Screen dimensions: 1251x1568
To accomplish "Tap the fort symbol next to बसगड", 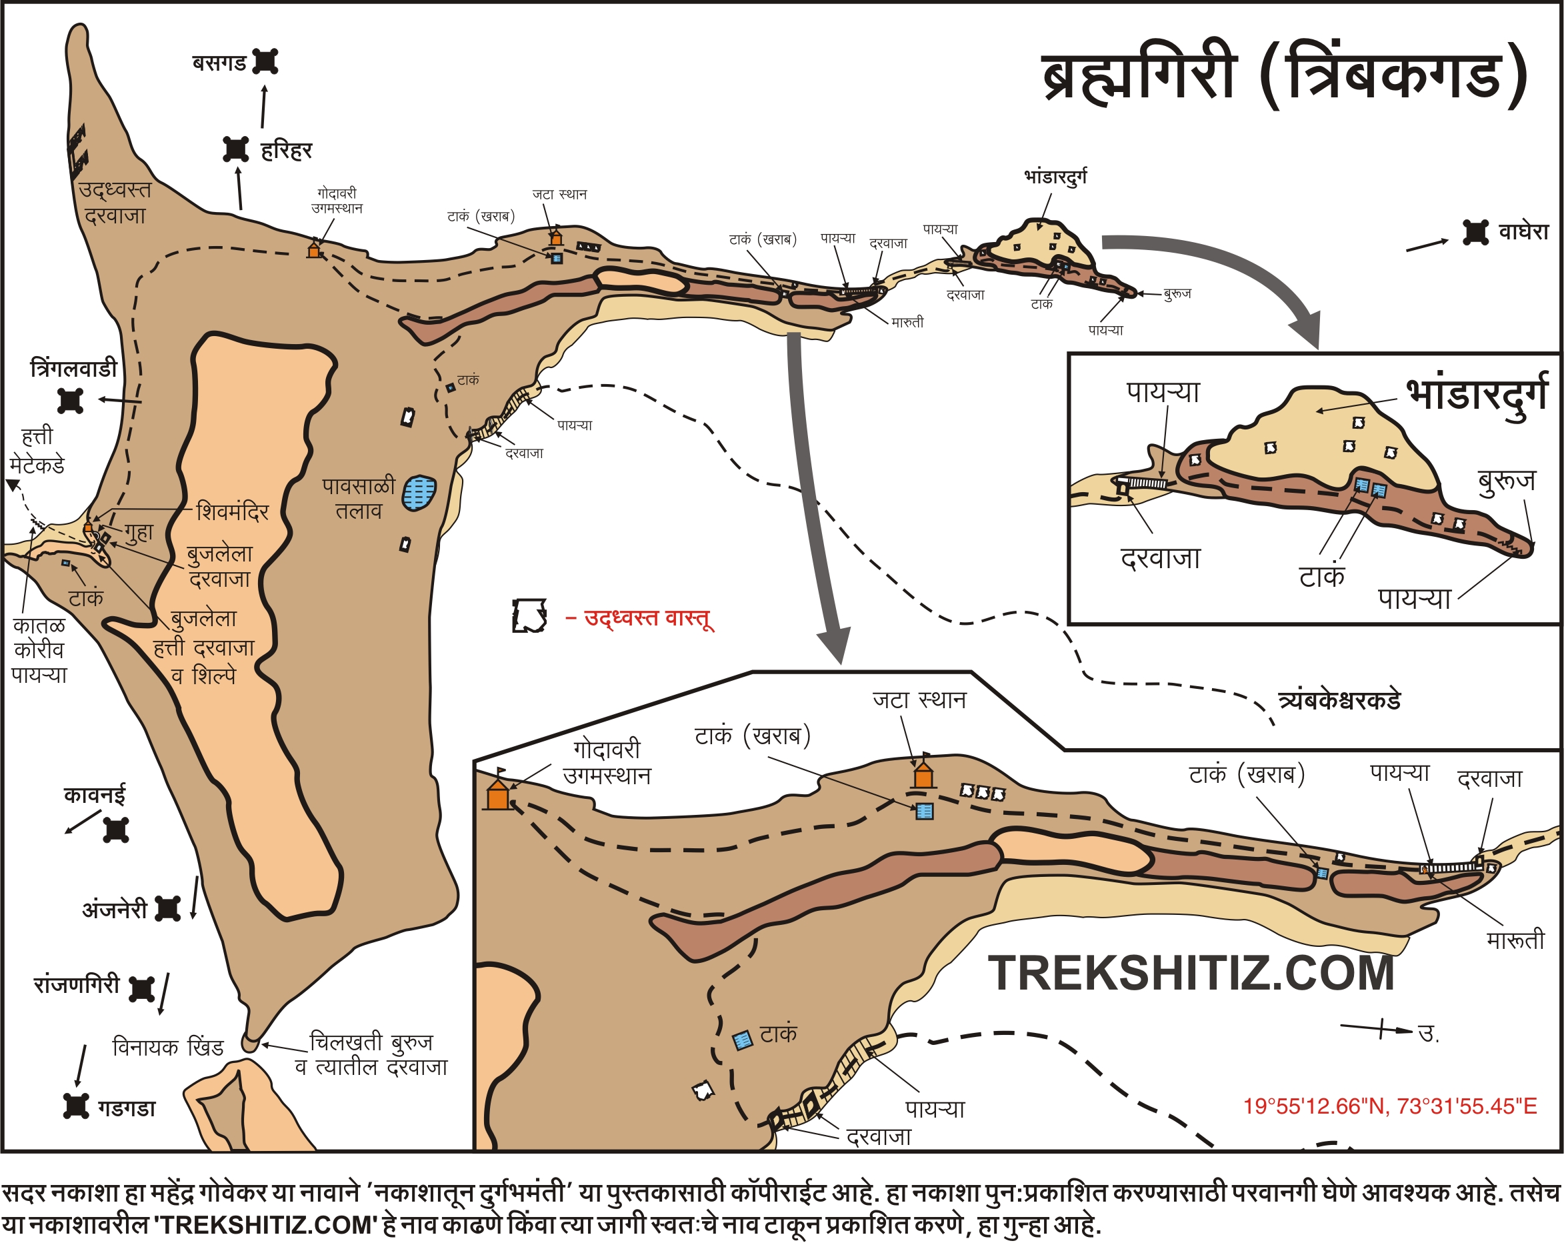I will pyautogui.click(x=266, y=62).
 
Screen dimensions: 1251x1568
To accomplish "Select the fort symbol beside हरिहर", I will pyautogui.click(x=235, y=149).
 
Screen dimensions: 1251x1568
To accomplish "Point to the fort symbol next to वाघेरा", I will pyautogui.click(x=1475, y=233).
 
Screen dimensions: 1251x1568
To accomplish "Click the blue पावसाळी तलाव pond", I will pyautogui.click(x=419, y=493).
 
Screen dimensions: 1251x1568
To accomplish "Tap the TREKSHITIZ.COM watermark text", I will pyautogui.click(x=1191, y=973).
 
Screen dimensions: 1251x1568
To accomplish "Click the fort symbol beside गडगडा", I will pyautogui.click(x=77, y=1106).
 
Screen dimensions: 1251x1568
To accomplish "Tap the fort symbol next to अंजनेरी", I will pyautogui.click(x=168, y=908).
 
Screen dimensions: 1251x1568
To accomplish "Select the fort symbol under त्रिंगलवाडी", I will pyautogui.click(x=71, y=401).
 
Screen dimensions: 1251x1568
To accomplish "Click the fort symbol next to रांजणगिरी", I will pyautogui.click(x=141, y=988).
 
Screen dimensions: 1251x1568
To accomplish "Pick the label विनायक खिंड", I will pyautogui.click(x=168, y=1048).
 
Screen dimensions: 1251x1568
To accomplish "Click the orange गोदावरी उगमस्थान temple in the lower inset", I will pyautogui.click(x=498, y=794).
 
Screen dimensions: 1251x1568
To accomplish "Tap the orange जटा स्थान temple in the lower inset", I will pyautogui.click(x=923, y=776).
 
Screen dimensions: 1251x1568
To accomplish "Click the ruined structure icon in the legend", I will pyautogui.click(x=529, y=616).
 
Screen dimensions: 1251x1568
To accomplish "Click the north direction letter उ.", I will pyautogui.click(x=1427, y=1034).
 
